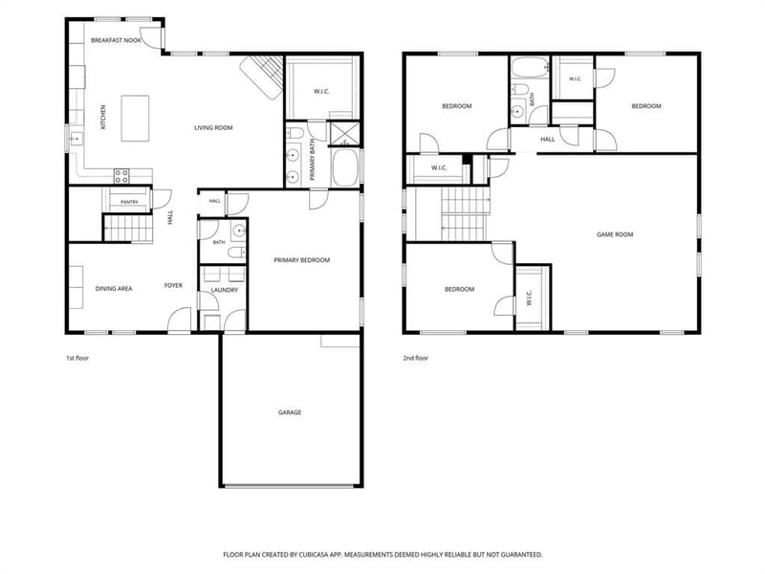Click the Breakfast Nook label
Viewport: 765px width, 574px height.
[x=116, y=40]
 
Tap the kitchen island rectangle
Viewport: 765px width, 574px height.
[x=135, y=119]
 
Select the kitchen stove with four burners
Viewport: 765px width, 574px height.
[x=121, y=176]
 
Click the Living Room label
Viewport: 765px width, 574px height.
[x=213, y=128]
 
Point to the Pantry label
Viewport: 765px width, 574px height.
[x=129, y=202]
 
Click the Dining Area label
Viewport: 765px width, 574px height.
[x=114, y=289]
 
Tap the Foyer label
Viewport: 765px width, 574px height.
[x=173, y=285]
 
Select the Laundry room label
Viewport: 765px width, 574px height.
[x=225, y=290]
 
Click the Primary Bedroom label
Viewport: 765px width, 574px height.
[x=302, y=260]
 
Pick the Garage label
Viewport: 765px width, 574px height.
[x=290, y=412]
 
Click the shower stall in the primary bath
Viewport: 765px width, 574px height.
[x=345, y=134]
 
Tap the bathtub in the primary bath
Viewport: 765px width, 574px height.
[x=345, y=167]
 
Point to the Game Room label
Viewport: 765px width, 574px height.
[x=615, y=234]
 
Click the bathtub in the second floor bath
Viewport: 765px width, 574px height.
[x=530, y=68]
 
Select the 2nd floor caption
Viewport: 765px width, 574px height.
[x=416, y=358]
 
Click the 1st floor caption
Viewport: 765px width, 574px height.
[x=77, y=358]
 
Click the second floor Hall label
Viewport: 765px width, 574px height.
[x=547, y=140]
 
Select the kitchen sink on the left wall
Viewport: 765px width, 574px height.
[x=76, y=139]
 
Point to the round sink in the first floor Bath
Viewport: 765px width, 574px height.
[x=239, y=232]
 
